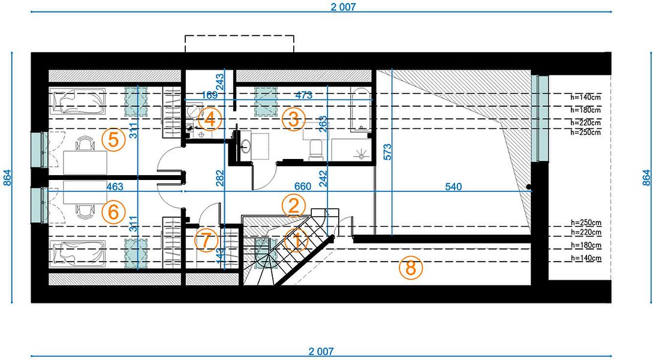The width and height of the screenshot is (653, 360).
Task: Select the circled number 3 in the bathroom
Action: pyautogui.click(x=294, y=119)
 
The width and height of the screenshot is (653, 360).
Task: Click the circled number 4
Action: pyautogui.click(x=210, y=119)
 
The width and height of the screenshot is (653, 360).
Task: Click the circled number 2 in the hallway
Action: pyautogui.click(x=294, y=206)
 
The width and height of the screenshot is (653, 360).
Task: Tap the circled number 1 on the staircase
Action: pyautogui.click(x=297, y=240)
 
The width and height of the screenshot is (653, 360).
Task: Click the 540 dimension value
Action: pyautogui.click(x=453, y=187)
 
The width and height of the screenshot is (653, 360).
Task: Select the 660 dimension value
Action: pyautogui.click(x=302, y=186)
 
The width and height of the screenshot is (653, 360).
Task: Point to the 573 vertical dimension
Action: pyautogui.click(x=387, y=152)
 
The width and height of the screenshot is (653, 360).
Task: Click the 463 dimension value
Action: pyautogui.click(x=115, y=186)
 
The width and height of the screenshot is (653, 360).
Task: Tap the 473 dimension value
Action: pyautogui.click(x=304, y=95)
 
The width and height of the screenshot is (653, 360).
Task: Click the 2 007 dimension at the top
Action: pyautogui.click(x=344, y=7)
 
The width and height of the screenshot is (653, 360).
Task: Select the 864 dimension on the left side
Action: pyautogui.click(x=7, y=178)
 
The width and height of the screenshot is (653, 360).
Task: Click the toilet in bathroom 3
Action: pyautogui.click(x=315, y=149)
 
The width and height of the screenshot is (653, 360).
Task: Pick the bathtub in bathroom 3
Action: pyautogui.click(x=360, y=110)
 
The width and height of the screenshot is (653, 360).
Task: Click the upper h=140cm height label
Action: pyautogui.click(x=585, y=97)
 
